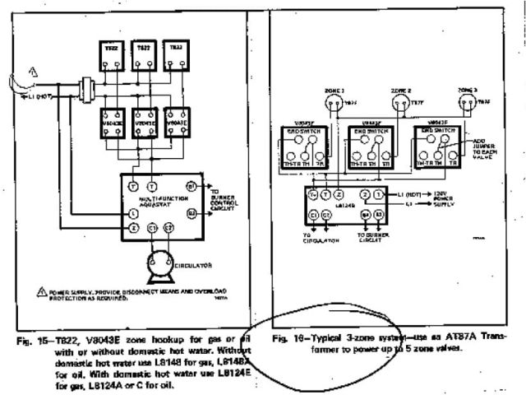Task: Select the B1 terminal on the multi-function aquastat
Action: point(191,187)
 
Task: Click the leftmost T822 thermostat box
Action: point(113,52)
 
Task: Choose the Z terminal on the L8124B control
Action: point(338,194)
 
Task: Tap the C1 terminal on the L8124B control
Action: point(314,215)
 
